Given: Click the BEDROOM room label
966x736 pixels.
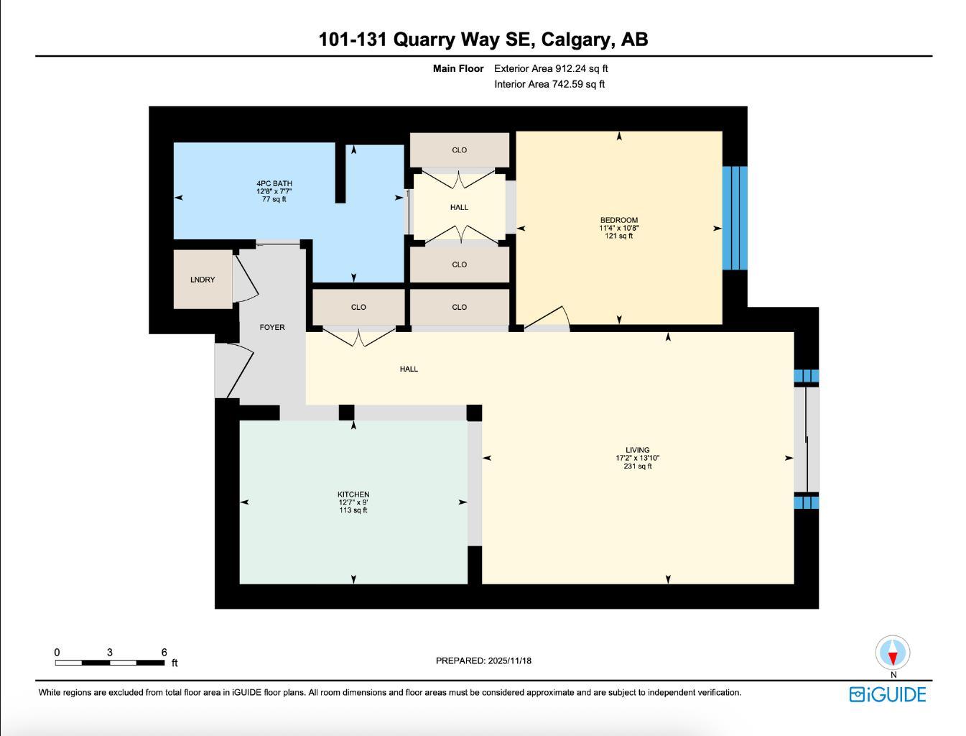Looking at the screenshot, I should pyautogui.click(x=618, y=221).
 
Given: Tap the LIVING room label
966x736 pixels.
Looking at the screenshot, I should pyautogui.click(x=637, y=451).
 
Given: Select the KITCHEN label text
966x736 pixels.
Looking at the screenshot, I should pyautogui.click(x=353, y=494).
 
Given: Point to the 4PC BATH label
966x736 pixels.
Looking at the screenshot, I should pyautogui.click(x=274, y=184).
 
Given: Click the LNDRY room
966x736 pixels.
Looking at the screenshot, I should pyautogui.click(x=203, y=280).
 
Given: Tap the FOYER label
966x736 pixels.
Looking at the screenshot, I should pyautogui.click(x=272, y=328).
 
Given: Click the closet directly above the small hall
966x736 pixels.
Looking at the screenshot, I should pyautogui.click(x=459, y=150).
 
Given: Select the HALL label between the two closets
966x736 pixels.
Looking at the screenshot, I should pyautogui.click(x=459, y=208).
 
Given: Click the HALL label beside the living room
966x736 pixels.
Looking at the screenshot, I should pyautogui.click(x=409, y=369).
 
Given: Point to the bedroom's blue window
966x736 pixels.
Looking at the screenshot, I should pyautogui.click(x=735, y=218).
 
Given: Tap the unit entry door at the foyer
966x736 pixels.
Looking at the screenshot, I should pyautogui.click(x=234, y=369).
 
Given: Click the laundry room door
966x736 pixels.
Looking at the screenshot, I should pyautogui.click(x=244, y=277).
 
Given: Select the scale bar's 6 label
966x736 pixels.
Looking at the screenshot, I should pyautogui.click(x=164, y=653).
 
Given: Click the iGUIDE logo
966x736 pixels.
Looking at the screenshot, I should pyautogui.click(x=888, y=694).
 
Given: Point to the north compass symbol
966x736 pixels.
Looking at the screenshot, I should pyautogui.click(x=893, y=653).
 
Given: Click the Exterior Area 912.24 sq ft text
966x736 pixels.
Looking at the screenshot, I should pyautogui.click(x=551, y=69).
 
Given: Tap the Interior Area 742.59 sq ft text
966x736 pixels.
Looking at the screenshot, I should pyautogui.click(x=549, y=84).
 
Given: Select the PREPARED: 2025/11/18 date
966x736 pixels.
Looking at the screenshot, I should pyautogui.click(x=483, y=661).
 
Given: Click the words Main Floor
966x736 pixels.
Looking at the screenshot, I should pyautogui.click(x=458, y=69).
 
